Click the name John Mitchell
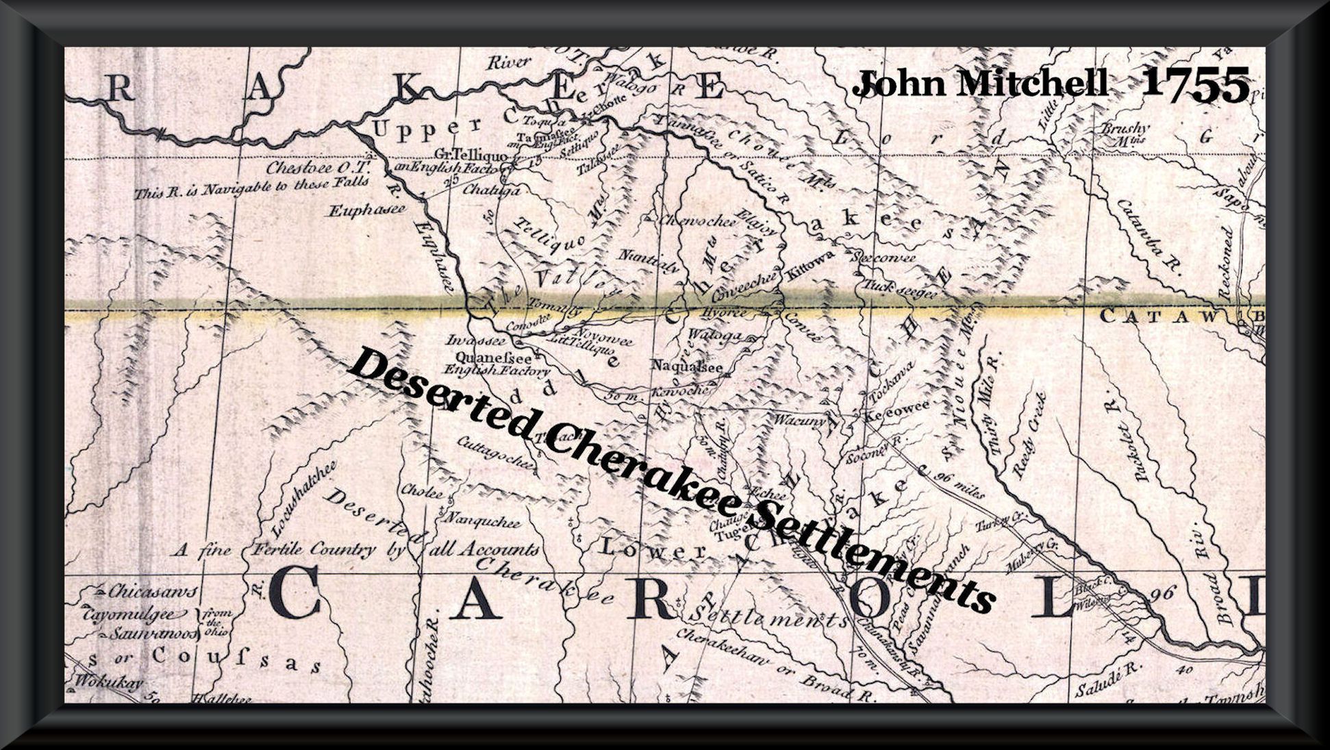tap(980, 84)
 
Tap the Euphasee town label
tap(366, 210)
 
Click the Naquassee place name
tap(687, 366)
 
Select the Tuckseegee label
tap(899, 290)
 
